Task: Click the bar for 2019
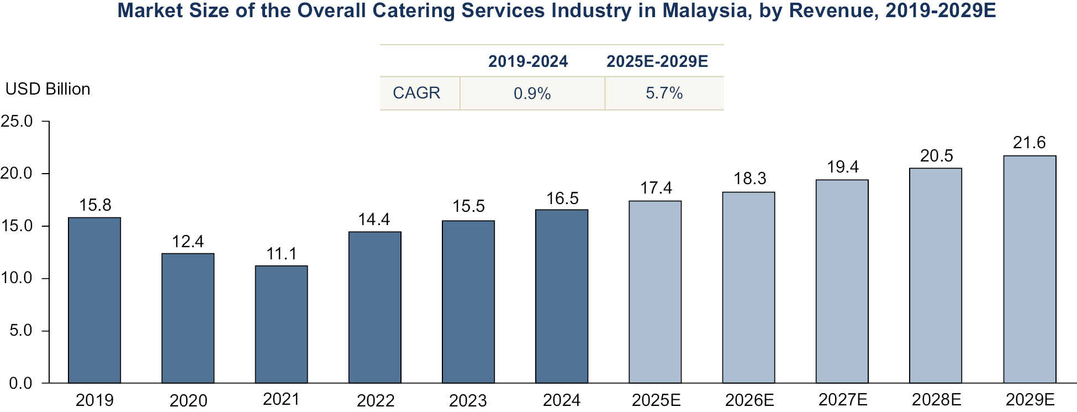tap(94, 300)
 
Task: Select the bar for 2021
tap(281, 325)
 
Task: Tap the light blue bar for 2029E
tap(1030, 269)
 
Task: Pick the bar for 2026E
tap(748, 288)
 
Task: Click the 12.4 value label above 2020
tap(188, 242)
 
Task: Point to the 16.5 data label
tap(562, 199)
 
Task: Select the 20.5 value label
tap(936, 156)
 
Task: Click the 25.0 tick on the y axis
tap(17, 121)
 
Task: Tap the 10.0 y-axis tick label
tap(17, 278)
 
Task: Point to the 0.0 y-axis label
tap(20, 383)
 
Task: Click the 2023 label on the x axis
tap(468, 400)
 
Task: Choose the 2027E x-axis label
tap(843, 399)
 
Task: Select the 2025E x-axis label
tap(656, 400)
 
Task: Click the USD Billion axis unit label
tap(48, 89)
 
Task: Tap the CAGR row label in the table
tap(416, 93)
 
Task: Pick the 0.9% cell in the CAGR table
tap(532, 93)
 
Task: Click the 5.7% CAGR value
tap(664, 93)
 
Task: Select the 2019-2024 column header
tap(527, 61)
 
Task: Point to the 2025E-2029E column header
tap(657, 61)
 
